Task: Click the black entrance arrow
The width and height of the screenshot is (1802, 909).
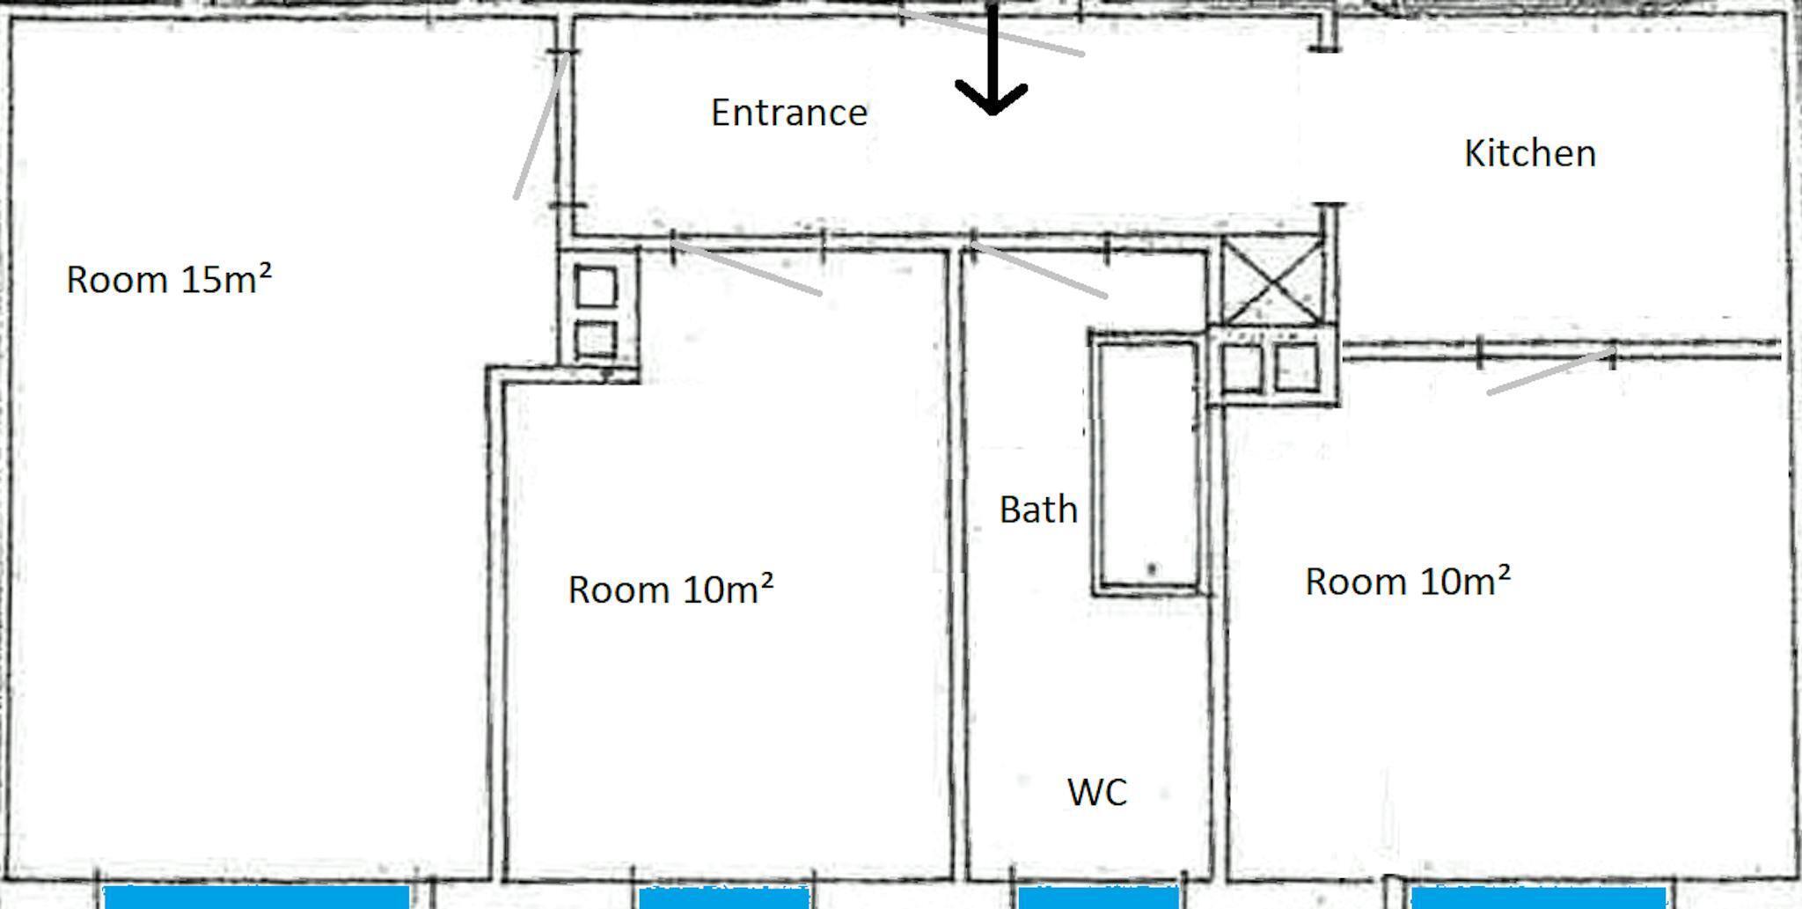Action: pos(992,58)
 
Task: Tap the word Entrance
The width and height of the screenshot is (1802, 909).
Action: pos(789,114)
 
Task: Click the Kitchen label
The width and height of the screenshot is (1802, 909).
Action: pos(1530,154)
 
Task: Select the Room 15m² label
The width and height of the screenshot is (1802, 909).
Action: pos(169,279)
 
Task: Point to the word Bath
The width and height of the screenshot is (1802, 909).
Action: pos(1038,510)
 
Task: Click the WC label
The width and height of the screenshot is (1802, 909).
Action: pos(1097,793)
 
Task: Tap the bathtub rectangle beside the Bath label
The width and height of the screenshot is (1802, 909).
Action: pos(1147,465)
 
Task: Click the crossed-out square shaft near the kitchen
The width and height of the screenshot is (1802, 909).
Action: pos(1273,282)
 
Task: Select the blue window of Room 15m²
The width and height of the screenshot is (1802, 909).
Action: pos(257,898)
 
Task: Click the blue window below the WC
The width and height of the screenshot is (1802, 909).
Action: pos(1098,898)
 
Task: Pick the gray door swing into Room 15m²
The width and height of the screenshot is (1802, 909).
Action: pos(539,126)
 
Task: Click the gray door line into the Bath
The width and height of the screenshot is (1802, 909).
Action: pos(1038,268)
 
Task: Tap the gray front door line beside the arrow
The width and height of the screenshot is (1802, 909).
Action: pos(992,33)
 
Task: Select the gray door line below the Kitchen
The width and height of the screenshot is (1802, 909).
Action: pos(1551,372)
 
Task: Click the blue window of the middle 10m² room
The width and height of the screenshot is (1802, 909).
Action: pos(724,898)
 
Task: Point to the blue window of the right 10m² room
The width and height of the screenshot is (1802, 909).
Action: pos(1539,898)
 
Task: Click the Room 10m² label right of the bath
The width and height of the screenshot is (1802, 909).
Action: pos(1408,582)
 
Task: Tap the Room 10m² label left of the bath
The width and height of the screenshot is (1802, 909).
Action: pos(670,590)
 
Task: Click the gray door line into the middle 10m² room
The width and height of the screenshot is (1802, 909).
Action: pos(748,267)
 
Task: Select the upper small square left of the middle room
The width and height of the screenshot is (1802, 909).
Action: pos(596,287)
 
